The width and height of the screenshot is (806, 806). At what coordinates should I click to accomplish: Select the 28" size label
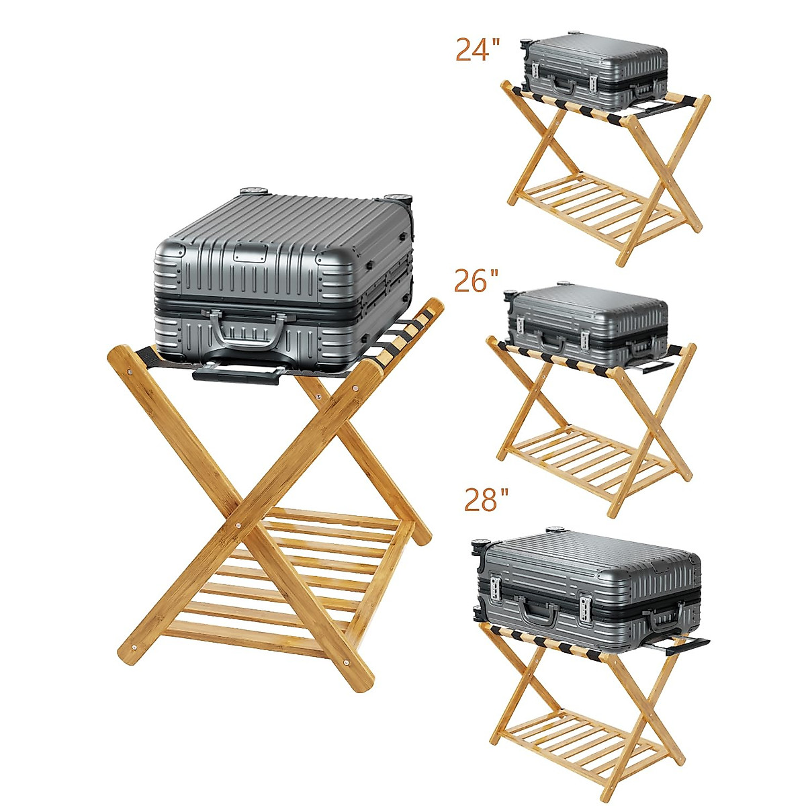tap(486, 500)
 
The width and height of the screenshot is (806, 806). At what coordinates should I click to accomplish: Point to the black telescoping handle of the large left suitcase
tap(236, 373)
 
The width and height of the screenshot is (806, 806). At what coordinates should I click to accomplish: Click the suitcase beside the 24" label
tap(594, 72)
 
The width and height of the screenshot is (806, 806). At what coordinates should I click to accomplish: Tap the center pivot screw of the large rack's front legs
tap(238, 525)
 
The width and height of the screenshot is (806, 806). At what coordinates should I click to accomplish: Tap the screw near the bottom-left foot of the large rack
tap(134, 648)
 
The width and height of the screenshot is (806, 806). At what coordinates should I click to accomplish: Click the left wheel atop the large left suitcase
tap(254, 191)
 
